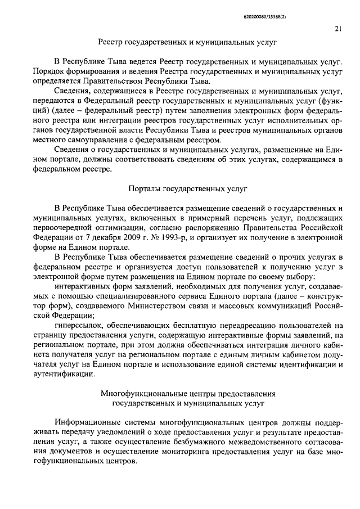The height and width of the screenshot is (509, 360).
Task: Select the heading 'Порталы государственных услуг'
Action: point(188,190)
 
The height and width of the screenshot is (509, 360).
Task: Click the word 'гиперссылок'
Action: point(79,325)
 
